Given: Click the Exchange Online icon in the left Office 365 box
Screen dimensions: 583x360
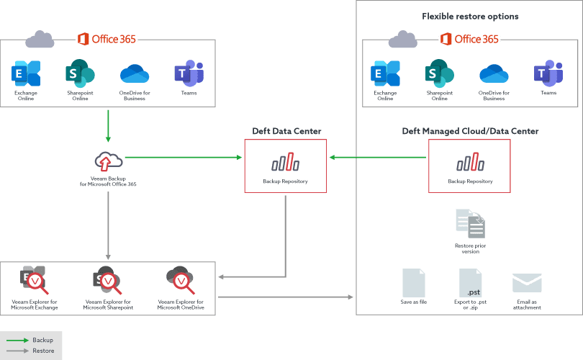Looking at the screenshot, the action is point(26,73).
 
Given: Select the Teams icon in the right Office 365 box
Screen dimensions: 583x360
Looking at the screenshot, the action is point(548,73).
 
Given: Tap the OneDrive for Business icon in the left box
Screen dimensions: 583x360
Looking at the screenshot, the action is point(135,73).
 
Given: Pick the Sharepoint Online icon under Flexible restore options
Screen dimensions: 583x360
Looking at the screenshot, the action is point(440,73).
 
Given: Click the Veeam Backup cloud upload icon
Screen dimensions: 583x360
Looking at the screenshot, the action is point(108,161).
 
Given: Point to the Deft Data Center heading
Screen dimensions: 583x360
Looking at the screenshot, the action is point(286,131).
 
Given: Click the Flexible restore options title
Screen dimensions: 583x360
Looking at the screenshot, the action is point(470,17).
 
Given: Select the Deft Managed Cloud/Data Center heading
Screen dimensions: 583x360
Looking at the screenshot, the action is point(470,131).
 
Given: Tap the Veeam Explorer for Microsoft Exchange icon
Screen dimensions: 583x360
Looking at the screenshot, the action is point(35,280).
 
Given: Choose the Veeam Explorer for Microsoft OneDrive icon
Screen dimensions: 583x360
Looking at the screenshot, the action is point(181,280).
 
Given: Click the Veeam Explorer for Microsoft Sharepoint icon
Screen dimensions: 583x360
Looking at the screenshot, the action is point(107,280).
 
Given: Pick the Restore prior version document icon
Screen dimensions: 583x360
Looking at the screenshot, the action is point(470,223).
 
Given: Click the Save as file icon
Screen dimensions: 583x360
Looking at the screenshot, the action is point(413,283).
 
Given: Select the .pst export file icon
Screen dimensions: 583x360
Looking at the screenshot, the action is point(470,283).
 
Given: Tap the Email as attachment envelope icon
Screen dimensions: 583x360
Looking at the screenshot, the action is point(527,283).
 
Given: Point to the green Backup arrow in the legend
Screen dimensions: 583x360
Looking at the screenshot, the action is point(17,341).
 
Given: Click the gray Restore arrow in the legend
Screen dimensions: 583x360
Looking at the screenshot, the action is point(17,351).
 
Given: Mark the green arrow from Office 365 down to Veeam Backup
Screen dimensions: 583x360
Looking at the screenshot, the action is point(108,126).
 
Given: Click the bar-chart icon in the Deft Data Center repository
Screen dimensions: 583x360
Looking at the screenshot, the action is point(285,162).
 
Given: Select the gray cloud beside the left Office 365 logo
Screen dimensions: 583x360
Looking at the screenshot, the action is point(40,39).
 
